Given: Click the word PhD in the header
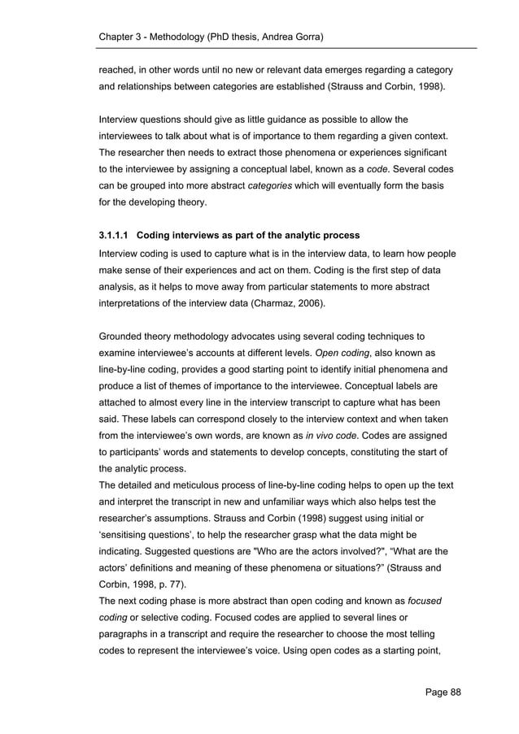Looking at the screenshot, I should pos(232,38).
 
